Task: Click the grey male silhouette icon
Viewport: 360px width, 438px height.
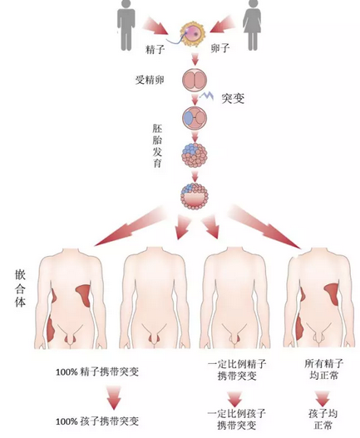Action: [x=126, y=25]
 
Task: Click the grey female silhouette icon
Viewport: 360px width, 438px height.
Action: [x=252, y=25]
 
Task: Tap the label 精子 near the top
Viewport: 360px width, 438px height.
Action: [x=155, y=50]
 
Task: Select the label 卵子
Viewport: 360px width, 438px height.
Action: [x=220, y=49]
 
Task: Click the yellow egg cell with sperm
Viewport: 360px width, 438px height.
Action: [x=193, y=35]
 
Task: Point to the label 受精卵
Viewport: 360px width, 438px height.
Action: [x=150, y=81]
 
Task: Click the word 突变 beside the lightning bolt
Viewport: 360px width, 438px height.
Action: [x=233, y=99]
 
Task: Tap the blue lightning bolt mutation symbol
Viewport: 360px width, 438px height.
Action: [x=207, y=96]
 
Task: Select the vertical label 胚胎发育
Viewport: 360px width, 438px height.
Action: [x=157, y=145]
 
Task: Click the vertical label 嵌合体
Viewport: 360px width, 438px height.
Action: [x=20, y=288]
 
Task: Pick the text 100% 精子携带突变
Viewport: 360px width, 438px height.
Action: [x=97, y=372]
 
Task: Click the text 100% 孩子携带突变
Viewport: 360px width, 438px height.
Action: [x=97, y=421]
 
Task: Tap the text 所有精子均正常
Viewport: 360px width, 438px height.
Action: [x=324, y=369]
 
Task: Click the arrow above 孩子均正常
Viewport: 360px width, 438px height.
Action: [x=323, y=398]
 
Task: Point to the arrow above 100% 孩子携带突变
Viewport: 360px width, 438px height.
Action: [x=114, y=398]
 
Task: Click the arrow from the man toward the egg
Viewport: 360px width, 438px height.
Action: [x=155, y=26]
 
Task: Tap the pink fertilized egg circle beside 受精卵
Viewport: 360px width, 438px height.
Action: [x=195, y=81]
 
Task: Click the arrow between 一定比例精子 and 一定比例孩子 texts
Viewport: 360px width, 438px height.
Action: [x=234, y=399]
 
